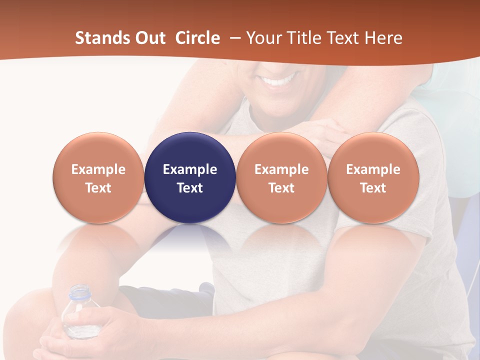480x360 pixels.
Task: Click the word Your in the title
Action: [262, 38]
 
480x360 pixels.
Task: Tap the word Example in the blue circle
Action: [190, 169]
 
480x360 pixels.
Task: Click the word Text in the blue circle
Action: [190, 188]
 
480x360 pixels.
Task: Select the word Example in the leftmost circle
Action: [98, 169]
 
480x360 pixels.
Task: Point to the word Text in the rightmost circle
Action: [373, 188]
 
